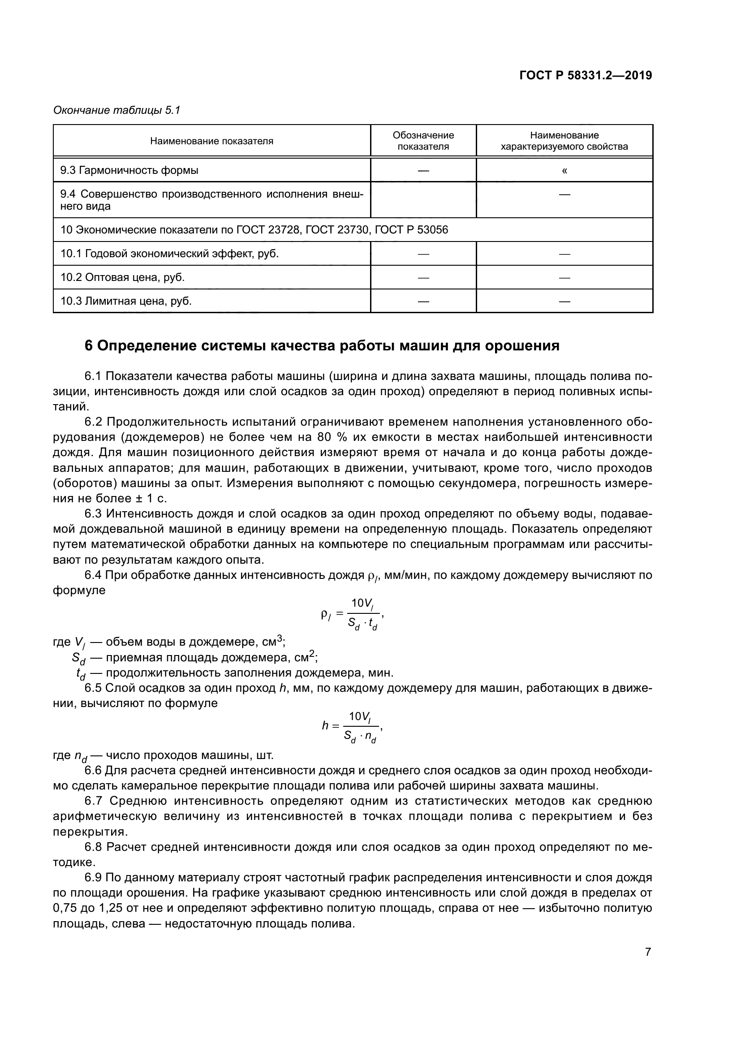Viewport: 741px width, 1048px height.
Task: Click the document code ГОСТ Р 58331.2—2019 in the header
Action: [586, 75]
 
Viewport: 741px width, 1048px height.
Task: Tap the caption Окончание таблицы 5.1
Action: [117, 110]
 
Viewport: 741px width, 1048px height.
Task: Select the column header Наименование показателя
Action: [212, 141]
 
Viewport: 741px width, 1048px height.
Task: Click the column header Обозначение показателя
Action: [423, 141]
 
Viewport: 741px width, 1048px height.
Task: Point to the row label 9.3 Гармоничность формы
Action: [129, 171]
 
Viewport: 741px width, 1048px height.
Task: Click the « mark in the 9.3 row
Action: [564, 171]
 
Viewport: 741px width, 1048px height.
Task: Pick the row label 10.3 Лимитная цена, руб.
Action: [126, 301]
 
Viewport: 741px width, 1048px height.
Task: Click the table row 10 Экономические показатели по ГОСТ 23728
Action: [254, 229]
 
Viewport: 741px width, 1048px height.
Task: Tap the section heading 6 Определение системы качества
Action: [322, 345]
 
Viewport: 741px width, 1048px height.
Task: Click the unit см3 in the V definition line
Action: [273, 642]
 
